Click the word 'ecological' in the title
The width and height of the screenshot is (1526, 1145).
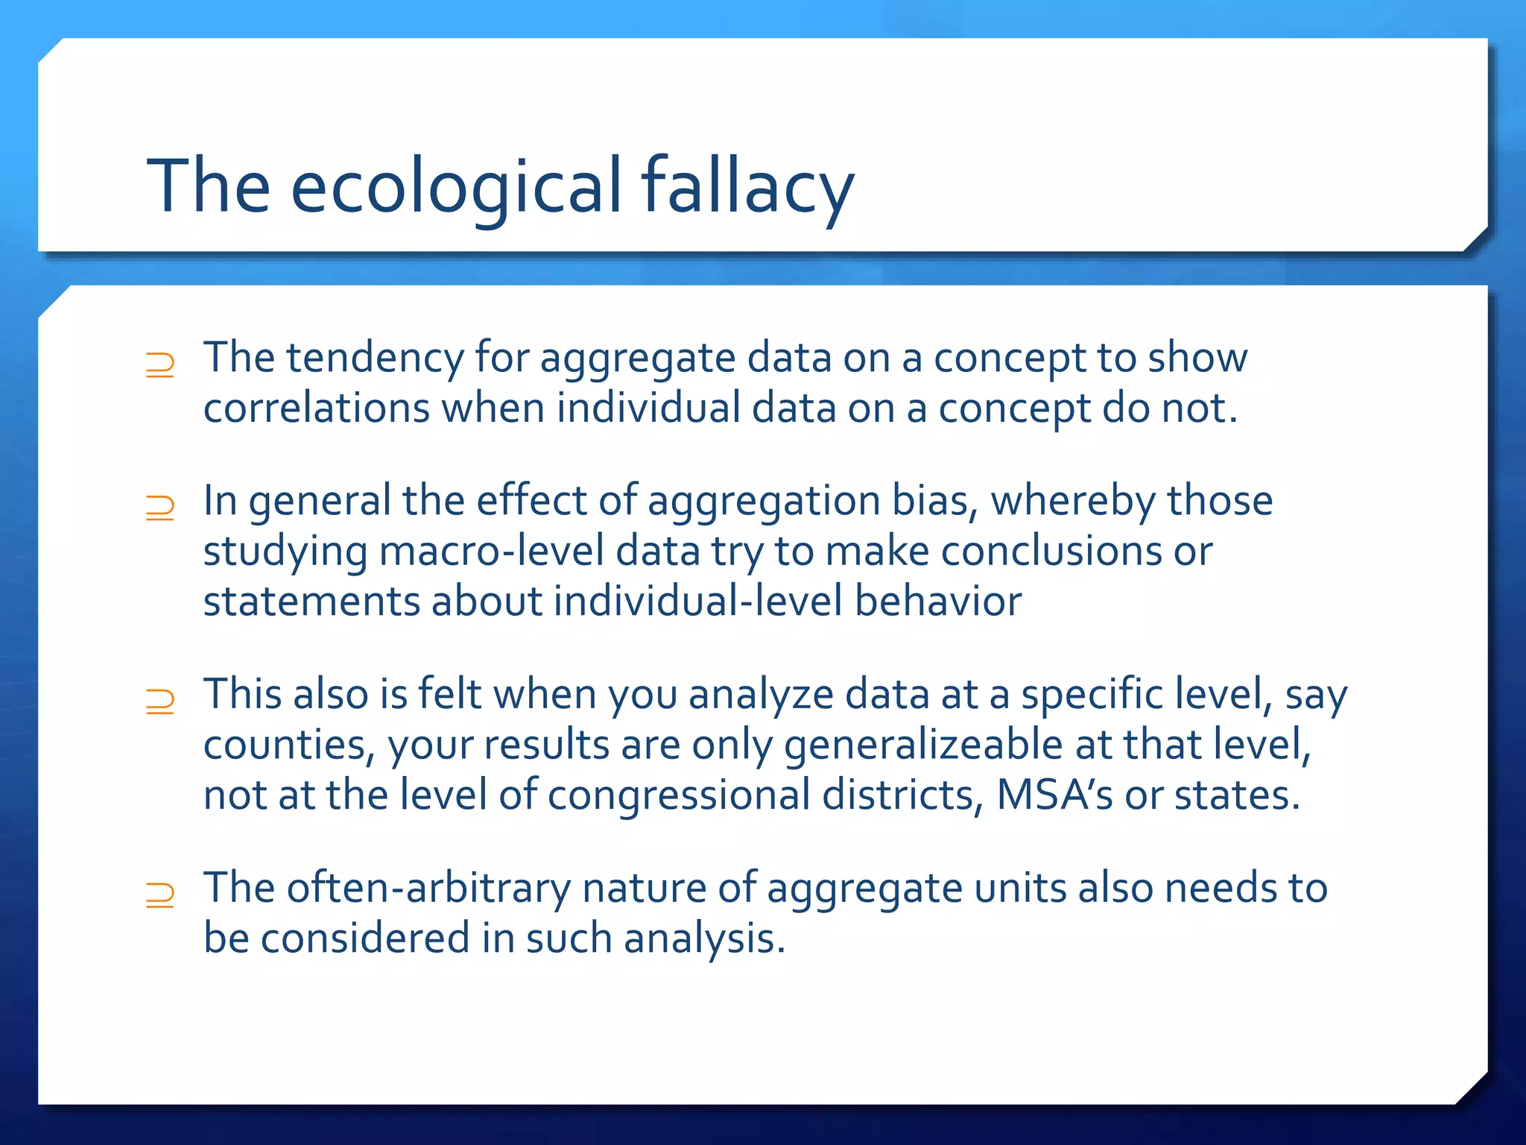point(455,186)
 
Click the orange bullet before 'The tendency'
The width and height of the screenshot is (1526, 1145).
point(160,365)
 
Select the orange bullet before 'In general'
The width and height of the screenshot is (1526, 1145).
point(160,508)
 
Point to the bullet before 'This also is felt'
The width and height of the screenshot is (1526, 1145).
point(160,701)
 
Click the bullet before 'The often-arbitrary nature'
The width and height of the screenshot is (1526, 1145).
point(160,895)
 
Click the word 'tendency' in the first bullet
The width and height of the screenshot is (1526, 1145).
point(375,358)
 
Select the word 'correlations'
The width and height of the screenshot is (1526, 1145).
point(317,409)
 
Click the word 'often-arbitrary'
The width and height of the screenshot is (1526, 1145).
point(428,889)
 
